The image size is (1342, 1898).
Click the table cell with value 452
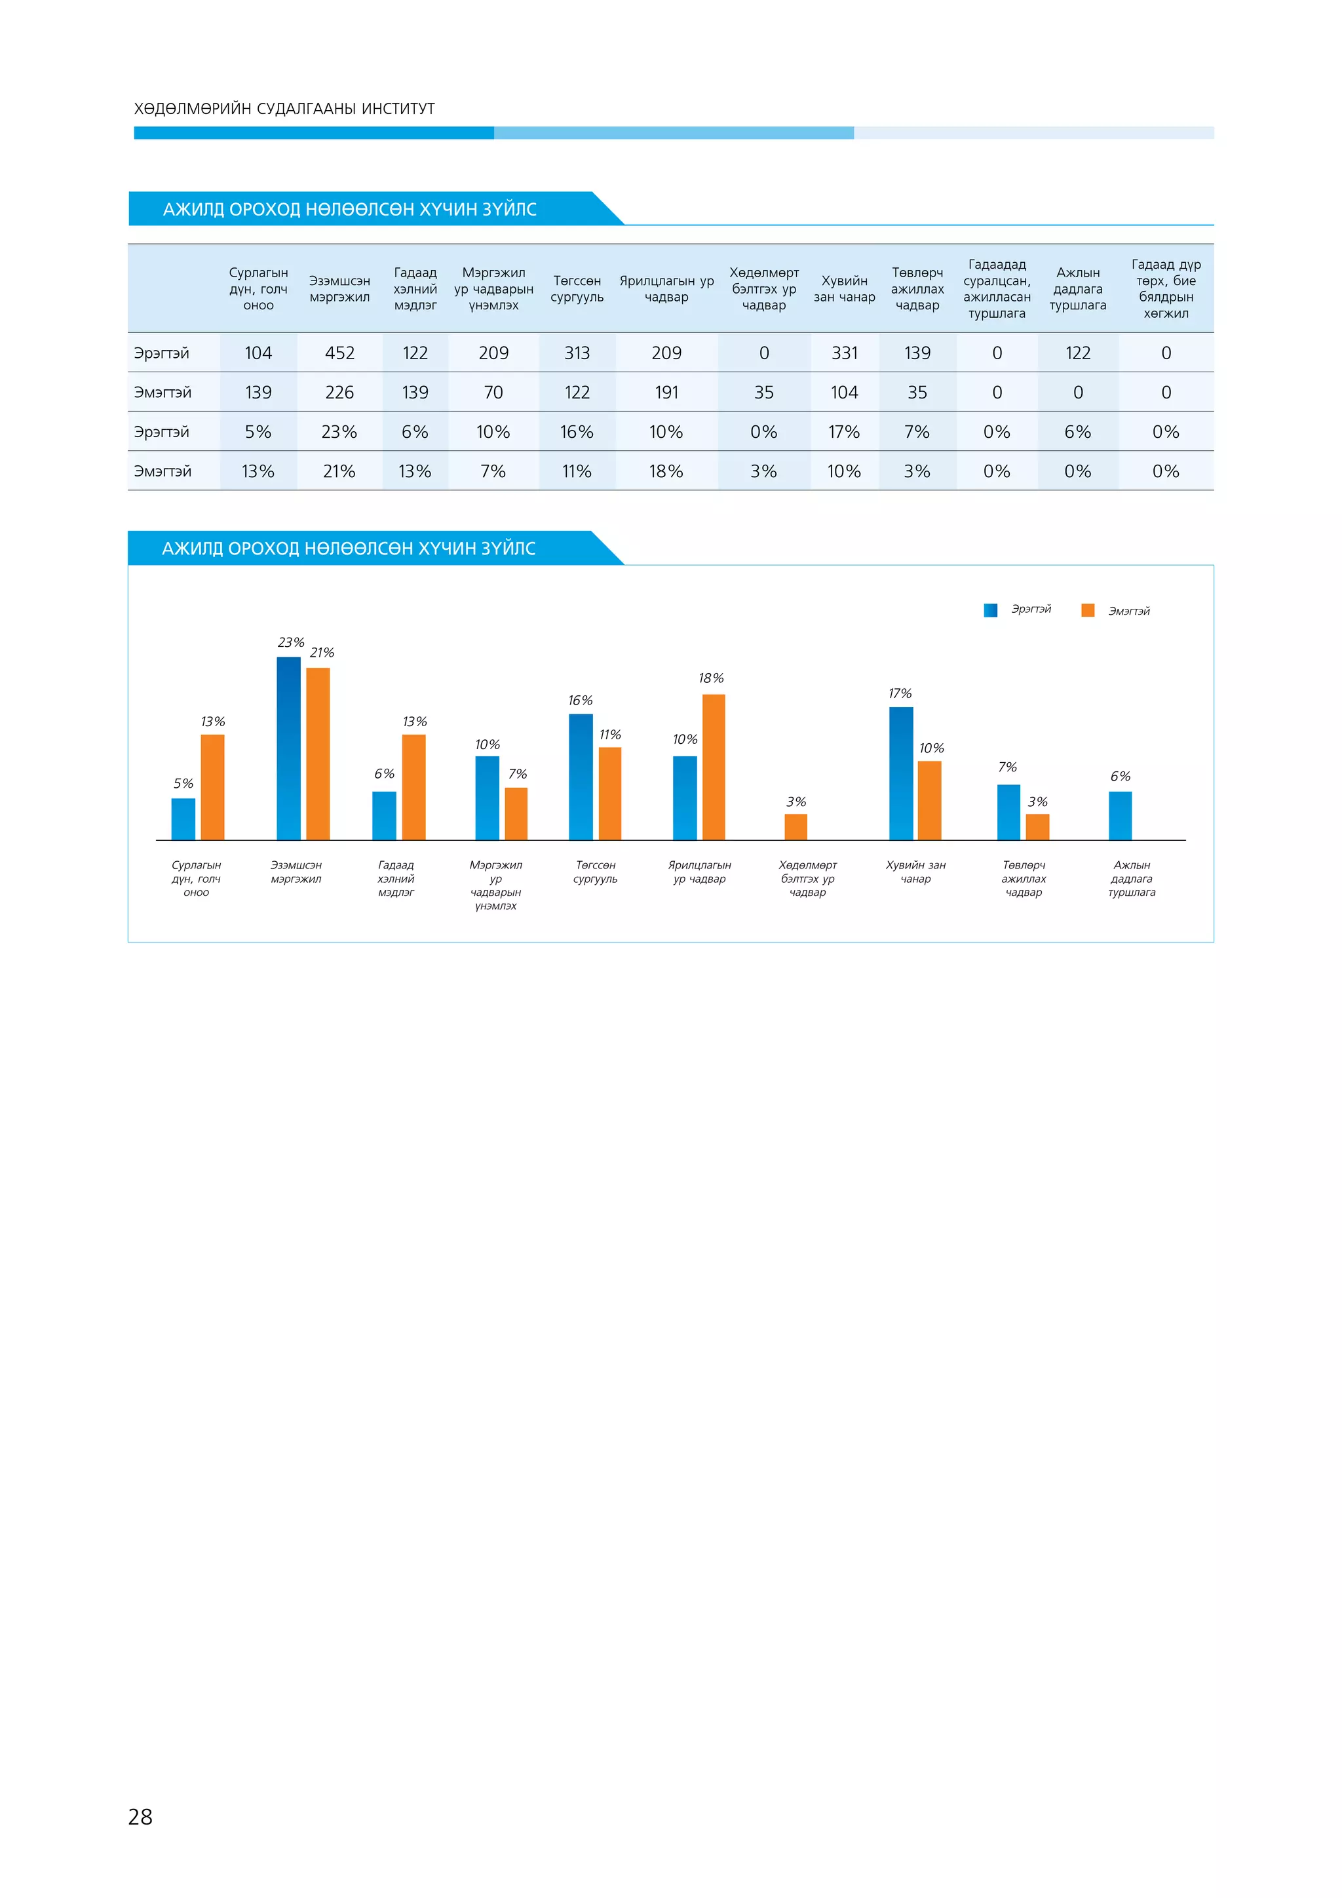pyautogui.click(x=339, y=353)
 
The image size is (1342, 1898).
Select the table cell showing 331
pyautogui.click(x=844, y=353)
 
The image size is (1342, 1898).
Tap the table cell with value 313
pyautogui.click(x=577, y=353)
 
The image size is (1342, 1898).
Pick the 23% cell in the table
pyautogui.click(x=339, y=431)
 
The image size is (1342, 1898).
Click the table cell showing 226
pyautogui.click(x=339, y=393)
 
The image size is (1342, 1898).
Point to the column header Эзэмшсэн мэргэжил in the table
pyautogui.click(x=339, y=289)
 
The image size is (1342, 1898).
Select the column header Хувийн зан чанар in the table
pyautogui.click(x=844, y=289)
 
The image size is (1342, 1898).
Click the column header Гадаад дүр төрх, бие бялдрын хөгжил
pyautogui.click(x=1165, y=288)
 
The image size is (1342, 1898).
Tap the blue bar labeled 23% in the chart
pyautogui.click(x=288, y=748)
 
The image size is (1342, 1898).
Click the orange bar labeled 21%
pyautogui.click(x=318, y=754)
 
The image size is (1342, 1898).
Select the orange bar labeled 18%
pyautogui.click(x=713, y=767)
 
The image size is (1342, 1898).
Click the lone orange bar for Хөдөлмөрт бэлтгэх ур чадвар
pyautogui.click(x=796, y=826)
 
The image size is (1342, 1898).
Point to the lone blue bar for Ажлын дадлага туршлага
pyautogui.click(x=1120, y=816)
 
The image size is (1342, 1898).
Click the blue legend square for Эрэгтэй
pyautogui.click(x=990, y=610)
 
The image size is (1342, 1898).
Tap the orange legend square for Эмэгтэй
pyautogui.click(x=1088, y=610)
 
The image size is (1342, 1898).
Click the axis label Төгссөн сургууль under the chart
pyautogui.click(x=595, y=872)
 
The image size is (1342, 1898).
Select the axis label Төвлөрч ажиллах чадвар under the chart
pyautogui.click(x=1023, y=879)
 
